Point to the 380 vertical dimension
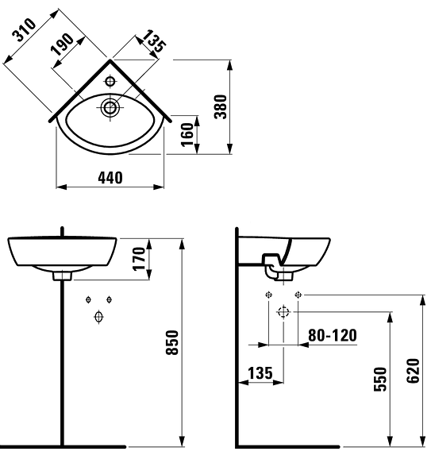pyautogui.click(x=221, y=106)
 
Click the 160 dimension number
pyautogui.click(x=187, y=134)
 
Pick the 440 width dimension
pyautogui.click(x=110, y=178)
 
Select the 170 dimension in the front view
pyautogui.click(x=140, y=260)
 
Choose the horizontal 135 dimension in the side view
pyautogui.click(x=260, y=372)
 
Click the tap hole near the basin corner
pyautogui.click(x=111, y=79)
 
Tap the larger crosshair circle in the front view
pyautogui.click(x=98, y=318)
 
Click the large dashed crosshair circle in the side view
pyautogui.click(x=283, y=312)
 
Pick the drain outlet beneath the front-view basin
pyautogui.click(x=62, y=277)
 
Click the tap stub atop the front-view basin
pyautogui.click(x=62, y=232)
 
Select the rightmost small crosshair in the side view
pyautogui.click(x=298, y=295)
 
